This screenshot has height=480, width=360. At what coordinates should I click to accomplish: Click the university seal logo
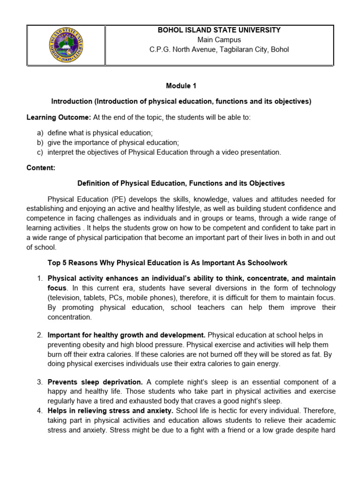click(x=65, y=45)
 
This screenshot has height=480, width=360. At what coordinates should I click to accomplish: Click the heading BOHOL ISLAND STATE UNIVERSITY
click(x=219, y=30)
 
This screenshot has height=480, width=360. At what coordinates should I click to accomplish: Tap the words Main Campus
click(x=219, y=40)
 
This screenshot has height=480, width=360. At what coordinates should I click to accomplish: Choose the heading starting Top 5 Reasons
click(x=167, y=262)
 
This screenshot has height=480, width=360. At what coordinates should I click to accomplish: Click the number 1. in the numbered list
click(x=40, y=278)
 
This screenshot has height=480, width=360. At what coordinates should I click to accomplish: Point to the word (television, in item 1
click(x=66, y=298)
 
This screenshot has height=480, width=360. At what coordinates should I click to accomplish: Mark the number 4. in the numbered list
click(x=40, y=411)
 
